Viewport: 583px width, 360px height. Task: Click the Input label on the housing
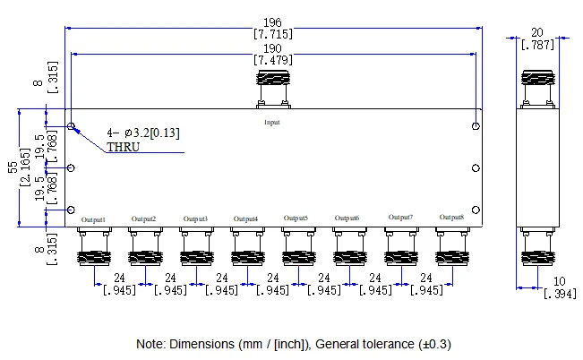click(x=271, y=122)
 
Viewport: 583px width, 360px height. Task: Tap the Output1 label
click(x=93, y=219)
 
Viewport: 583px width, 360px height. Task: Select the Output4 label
click(x=245, y=219)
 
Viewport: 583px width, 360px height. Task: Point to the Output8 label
click(x=452, y=217)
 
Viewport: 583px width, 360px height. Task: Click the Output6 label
click(x=347, y=218)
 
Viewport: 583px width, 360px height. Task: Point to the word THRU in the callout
click(x=124, y=147)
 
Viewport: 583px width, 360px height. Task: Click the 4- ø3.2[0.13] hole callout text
click(x=143, y=133)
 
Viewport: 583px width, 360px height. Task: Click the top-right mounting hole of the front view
click(x=476, y=126)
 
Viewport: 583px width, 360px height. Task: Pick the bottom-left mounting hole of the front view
click(x=72, y=210)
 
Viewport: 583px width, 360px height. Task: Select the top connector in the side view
click(x=537, y=90)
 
